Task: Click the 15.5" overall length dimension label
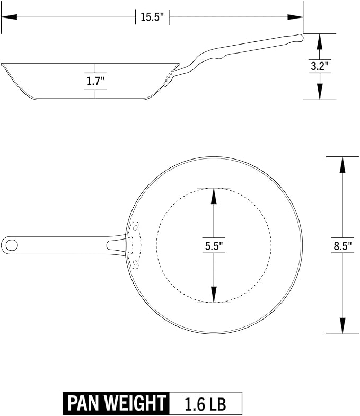152,17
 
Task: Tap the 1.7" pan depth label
95,81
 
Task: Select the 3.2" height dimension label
320,66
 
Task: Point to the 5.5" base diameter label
214,246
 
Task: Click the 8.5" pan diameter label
343,246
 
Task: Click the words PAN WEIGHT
116,403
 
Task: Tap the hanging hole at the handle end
12,245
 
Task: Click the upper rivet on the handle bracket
135,228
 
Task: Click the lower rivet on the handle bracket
135,262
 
